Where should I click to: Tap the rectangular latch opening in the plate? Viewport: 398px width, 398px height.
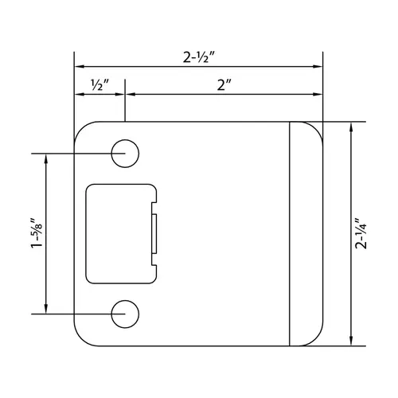(119, 232)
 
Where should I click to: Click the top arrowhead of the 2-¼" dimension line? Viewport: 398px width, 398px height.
(353, 127)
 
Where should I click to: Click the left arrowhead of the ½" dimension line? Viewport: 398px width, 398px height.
(78, 95)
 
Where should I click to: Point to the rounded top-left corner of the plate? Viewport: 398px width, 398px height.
(82, 130)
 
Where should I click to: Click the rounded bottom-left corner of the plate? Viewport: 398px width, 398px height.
(82, 338)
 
